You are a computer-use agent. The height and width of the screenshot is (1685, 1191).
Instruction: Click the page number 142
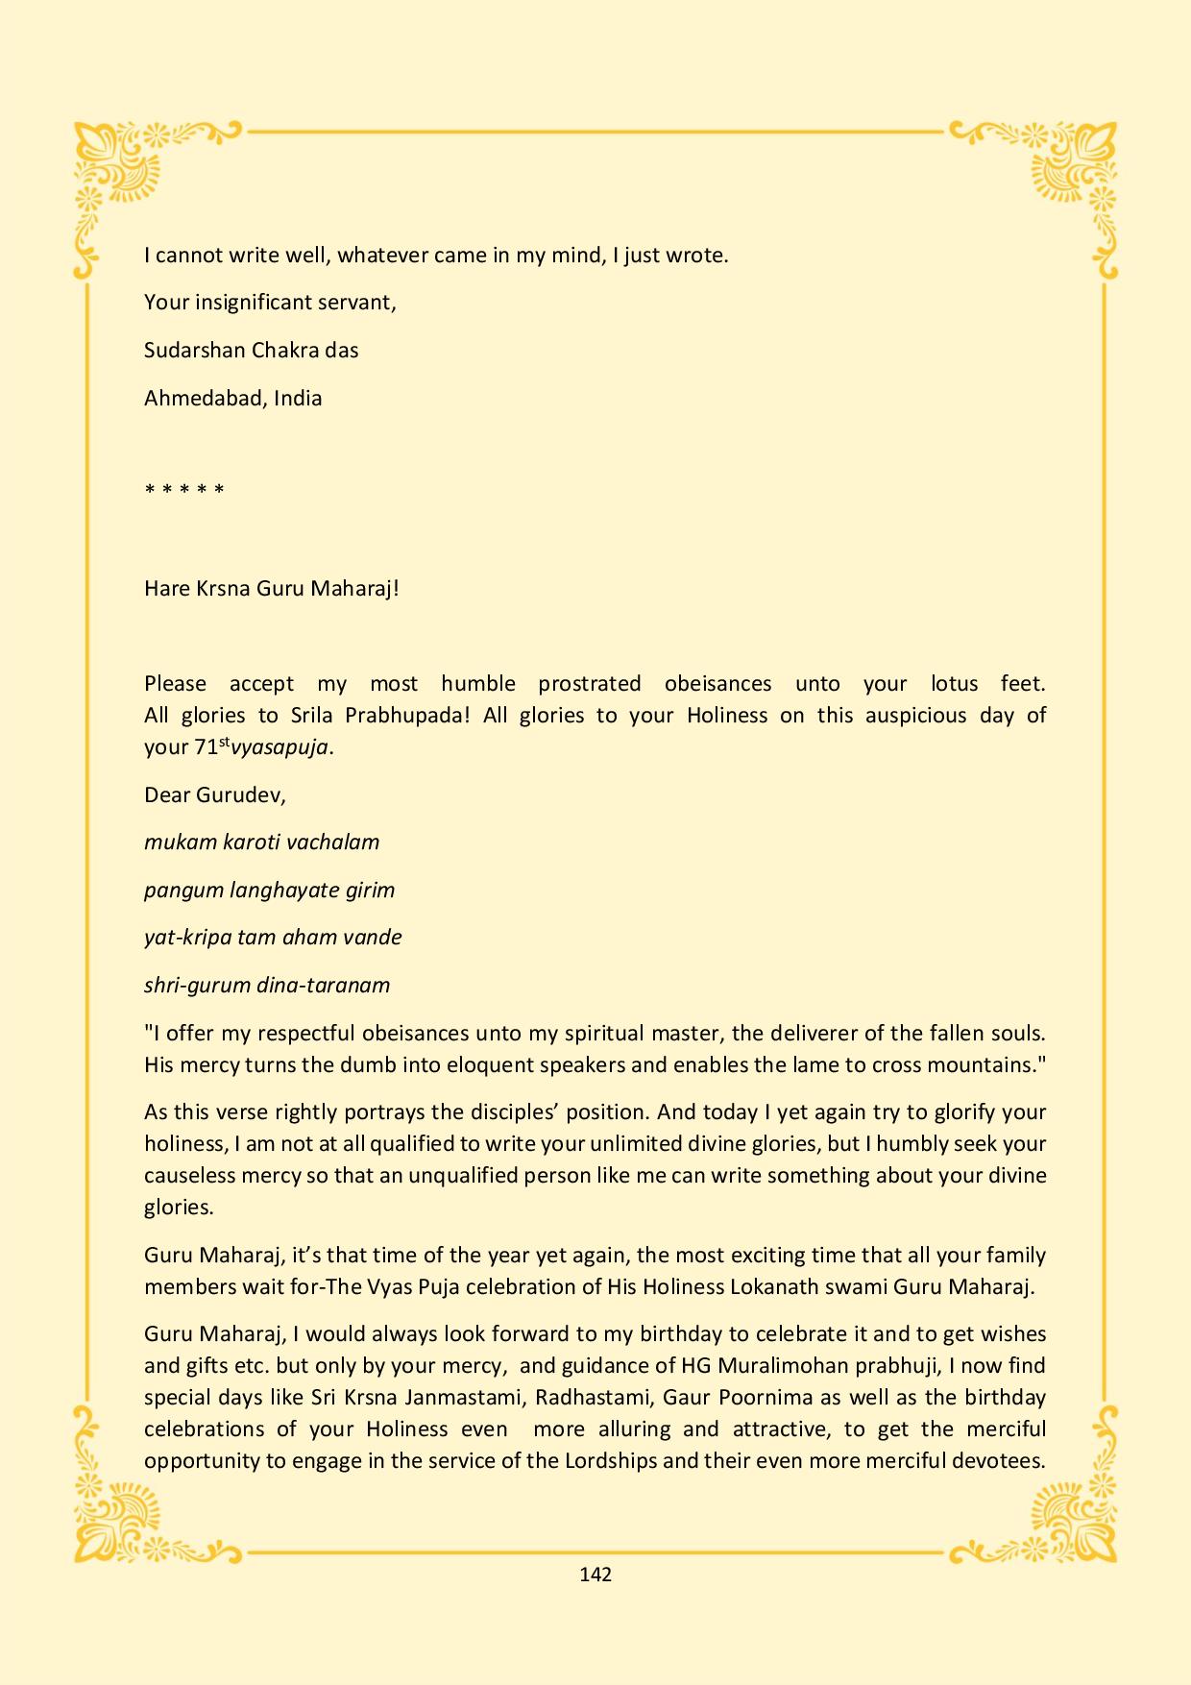[595, 1574]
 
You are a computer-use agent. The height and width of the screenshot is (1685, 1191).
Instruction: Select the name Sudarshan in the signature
[194, 350]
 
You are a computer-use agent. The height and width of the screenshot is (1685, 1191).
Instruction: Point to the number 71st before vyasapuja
[212, 746]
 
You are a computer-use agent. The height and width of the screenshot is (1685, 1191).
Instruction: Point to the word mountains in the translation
[956, 1064]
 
